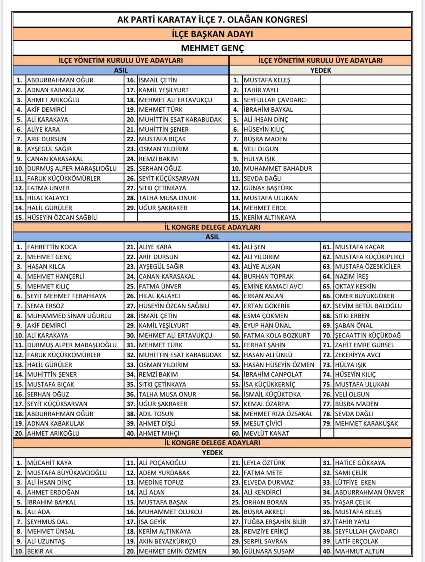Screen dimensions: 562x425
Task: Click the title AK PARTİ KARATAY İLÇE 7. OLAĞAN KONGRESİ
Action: (212, 20)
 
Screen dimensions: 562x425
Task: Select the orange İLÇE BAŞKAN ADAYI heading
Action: (212, 34)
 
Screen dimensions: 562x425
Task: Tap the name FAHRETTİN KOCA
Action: (52, 247)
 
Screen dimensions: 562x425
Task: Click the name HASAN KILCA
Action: (46, 267)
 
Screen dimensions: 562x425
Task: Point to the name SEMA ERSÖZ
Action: (46, 306)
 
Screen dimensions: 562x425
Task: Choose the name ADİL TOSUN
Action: (156, 414)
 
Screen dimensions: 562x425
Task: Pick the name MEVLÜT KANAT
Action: (266, 433)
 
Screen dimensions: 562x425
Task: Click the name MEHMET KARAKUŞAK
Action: (366, 424)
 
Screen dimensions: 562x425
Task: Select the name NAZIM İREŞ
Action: (352, 276)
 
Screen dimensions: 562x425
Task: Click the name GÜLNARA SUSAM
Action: (269, 551)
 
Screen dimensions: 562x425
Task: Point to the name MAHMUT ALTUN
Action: (359, 551)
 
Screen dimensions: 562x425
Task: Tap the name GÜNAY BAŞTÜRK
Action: (268, 188)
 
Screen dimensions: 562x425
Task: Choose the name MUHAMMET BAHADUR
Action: (277, 169)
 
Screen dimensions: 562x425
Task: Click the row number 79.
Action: (327, 424)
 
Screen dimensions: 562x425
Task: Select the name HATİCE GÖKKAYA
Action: (360, 463)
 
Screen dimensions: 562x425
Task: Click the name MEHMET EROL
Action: (265, 208)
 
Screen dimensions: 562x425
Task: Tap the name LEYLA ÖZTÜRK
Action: (264, 463)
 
